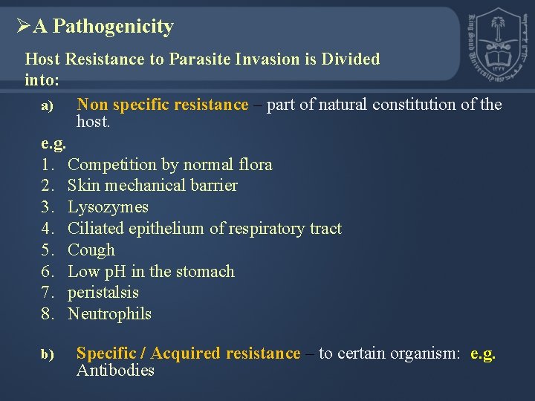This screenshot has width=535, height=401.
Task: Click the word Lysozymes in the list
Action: [108, 207]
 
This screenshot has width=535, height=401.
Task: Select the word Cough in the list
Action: [91, 250]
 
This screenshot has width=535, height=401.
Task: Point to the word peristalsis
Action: [103, 293]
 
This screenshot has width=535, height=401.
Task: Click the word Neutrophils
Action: [109, 314]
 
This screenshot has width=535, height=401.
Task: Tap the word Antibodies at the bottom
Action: [115, 371]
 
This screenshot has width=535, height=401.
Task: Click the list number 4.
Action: [47, 229]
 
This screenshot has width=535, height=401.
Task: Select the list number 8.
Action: [47, 314]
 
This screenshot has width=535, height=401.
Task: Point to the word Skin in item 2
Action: [82, 186]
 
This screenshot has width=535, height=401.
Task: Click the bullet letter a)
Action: [47, 107]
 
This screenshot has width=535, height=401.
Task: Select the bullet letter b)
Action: [47, 356]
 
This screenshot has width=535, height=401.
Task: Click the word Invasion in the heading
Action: [270, 59]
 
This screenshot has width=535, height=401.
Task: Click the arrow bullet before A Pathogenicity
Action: [22, 27]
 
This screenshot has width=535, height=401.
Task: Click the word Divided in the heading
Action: [351, 59]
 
